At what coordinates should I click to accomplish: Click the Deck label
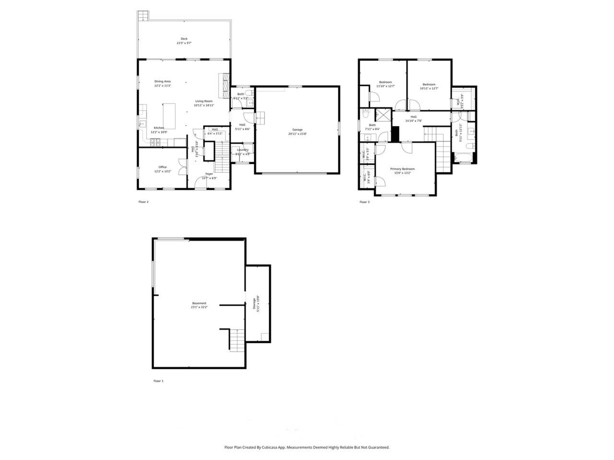(184, 39)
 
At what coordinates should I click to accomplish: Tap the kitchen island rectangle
(170, 115)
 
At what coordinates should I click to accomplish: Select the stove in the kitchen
(155, 142)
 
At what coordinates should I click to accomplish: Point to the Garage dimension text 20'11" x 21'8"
(297, 134)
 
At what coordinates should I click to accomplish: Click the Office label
(163, 167)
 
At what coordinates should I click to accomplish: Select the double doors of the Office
(181, 167)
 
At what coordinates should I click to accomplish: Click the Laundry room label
(242, 149)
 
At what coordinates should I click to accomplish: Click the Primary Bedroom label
(402, 169)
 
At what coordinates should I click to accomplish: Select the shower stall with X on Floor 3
(383, 115)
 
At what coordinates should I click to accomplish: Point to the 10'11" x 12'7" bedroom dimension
(429, 88)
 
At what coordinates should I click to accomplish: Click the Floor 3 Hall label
(413, 116)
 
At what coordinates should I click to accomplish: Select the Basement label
(199, 303)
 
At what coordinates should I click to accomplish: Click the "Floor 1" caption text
(158, 381)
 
